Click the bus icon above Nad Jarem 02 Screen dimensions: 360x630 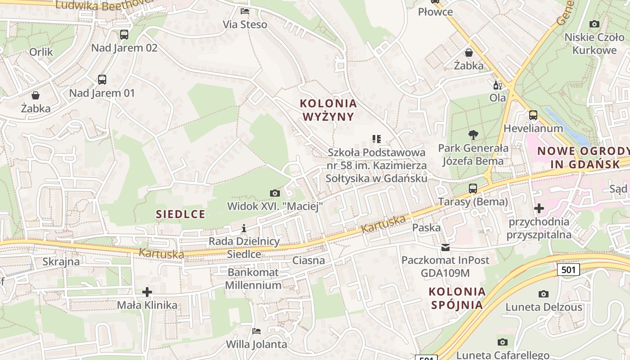coord(124,35)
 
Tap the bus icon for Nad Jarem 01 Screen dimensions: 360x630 coord(102,80)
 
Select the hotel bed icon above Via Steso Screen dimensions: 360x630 coord(245,11)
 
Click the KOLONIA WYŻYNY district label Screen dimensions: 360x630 coord(328,110)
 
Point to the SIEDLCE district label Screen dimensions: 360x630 coord(180,214)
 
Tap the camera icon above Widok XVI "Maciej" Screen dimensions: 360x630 coord(275,193)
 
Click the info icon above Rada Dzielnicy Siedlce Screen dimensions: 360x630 coord(244,228)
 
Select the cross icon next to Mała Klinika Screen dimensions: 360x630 coord(147,292)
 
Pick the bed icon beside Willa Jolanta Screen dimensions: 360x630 coord(256,331)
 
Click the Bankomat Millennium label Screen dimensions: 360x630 coord(253,279)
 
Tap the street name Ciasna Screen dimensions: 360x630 coord(308,260)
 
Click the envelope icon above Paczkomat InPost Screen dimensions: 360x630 coord(445,247)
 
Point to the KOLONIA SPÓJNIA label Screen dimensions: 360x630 coord(457,298)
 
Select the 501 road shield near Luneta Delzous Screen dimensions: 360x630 coord(568,270)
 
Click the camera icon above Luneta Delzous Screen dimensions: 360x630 coord(544,294)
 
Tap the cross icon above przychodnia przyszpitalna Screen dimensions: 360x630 coord(539,208)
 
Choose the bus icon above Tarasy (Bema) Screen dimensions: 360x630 coord(473,188)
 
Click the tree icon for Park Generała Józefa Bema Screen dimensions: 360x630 coord(473,135)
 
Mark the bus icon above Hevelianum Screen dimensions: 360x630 coord(533,115)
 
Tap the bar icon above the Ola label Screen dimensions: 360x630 coord(497,85)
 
